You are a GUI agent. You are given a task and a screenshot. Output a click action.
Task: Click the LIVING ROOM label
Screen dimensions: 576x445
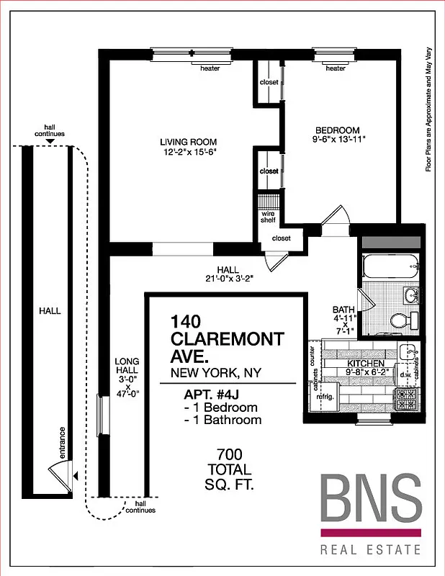188,142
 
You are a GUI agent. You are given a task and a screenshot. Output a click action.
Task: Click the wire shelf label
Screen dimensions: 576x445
267,216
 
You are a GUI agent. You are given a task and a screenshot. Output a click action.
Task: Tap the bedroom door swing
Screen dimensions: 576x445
335,216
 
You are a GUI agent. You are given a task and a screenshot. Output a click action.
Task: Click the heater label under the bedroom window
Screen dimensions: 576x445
335,69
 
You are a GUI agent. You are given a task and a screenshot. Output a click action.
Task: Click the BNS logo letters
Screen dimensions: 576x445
370,500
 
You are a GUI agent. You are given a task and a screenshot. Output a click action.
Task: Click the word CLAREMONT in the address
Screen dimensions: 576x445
227,338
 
